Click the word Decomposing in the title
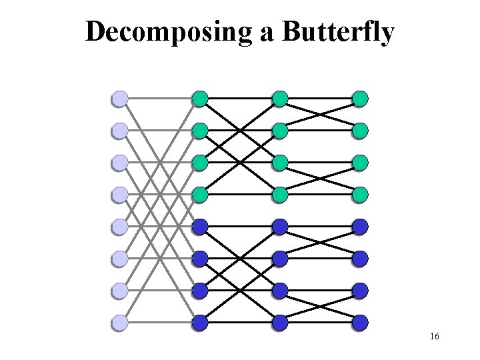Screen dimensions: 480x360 169,32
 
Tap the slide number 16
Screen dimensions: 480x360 434,337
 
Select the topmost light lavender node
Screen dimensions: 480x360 119,99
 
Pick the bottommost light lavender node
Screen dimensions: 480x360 119,323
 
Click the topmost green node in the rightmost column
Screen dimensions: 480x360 360,99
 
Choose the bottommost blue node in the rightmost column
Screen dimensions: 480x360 360,323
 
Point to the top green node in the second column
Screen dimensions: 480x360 199,99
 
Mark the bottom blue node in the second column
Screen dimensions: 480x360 199,323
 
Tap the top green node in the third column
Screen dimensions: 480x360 280,99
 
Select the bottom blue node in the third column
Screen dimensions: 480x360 280,323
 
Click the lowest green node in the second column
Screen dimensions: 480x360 199,195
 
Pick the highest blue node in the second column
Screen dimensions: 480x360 199,227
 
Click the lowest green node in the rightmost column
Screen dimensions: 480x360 360,195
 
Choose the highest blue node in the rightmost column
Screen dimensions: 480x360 360,227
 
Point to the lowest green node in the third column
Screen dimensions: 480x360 280,195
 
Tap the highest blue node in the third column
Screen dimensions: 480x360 280,227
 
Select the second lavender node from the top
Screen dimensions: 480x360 119,130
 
